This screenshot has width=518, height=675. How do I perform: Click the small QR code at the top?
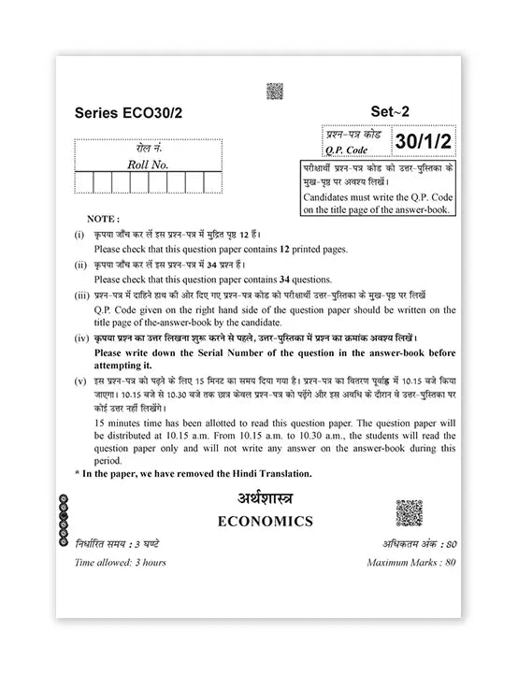coord(274,91)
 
